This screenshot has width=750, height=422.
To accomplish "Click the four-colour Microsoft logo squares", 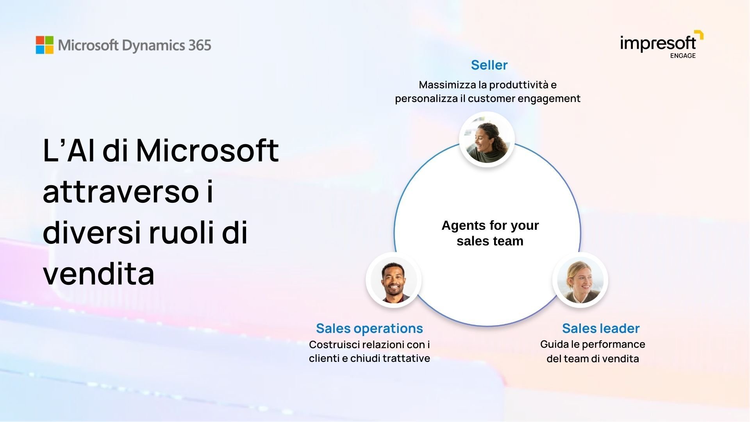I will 45,45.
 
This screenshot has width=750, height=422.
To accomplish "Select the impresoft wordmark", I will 658,43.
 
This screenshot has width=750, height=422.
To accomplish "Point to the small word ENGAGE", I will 683,56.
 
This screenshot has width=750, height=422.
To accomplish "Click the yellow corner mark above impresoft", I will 700,34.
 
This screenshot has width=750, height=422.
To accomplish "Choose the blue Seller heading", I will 489,65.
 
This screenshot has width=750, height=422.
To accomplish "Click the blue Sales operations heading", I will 369,328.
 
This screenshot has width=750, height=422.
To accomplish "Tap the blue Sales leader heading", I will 601,328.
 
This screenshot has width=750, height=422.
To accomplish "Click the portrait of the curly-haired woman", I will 487,139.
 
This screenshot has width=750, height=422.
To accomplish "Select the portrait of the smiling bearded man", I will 393,280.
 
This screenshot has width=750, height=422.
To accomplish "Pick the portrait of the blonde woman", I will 580,280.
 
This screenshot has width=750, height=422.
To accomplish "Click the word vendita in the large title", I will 99,274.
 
